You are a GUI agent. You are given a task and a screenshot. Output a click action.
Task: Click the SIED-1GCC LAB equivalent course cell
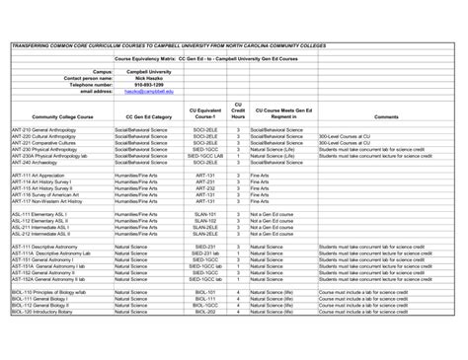(x=204, y=155)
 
